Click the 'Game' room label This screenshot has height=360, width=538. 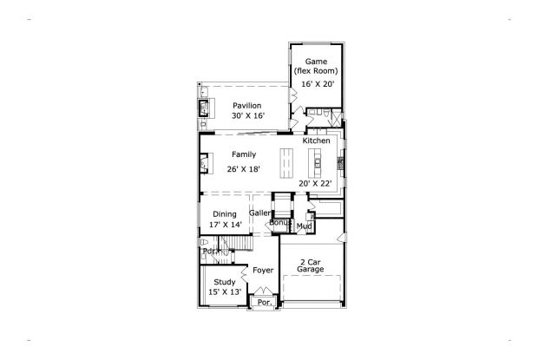pos(316,62)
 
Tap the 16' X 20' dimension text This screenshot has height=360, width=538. pos(316,84)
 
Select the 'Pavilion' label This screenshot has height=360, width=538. pos(246,105)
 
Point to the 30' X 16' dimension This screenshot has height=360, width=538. pos(246,115)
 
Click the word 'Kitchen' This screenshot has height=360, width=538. pos(316,141)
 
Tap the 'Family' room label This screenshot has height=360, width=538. pos(243,154)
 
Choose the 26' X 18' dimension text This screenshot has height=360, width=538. pos(243,168)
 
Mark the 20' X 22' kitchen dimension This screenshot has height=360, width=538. pos(316,183)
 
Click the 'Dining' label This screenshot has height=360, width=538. pos(225,213)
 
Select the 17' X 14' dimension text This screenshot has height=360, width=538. pos(225,225)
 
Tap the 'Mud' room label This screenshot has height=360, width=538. pos(304,226)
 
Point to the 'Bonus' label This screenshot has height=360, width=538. pos(279,223)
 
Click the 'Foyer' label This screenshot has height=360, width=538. pos(263,271)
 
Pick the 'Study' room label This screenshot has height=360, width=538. pos(225,282)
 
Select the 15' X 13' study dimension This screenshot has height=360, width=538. pos(225,292)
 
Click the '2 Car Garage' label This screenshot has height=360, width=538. pos(311,265)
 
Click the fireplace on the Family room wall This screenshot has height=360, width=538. pos(204,161)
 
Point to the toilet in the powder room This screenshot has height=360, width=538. pos(204,242)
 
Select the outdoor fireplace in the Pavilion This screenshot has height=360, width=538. pos(205,108)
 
